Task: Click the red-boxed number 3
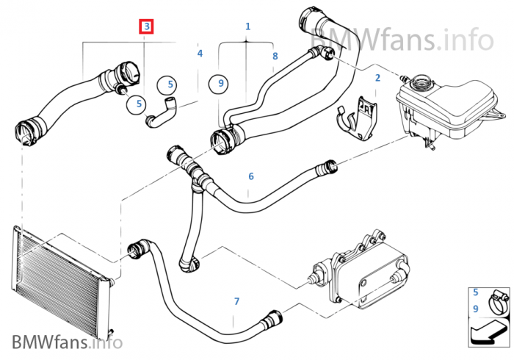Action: [x=148, y=27]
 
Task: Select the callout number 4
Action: [x=200, y=54]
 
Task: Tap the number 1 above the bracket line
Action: [x=248, y=26]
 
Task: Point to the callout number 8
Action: [x=275, y=56]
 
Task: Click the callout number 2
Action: [x=377, y=77]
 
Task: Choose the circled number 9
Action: [x=219, y=84]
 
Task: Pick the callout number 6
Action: [x=250, y=176]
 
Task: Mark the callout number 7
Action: [x=236, y=301]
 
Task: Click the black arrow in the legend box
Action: [x=488, y=334]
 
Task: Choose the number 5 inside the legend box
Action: [x=476, y=292]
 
